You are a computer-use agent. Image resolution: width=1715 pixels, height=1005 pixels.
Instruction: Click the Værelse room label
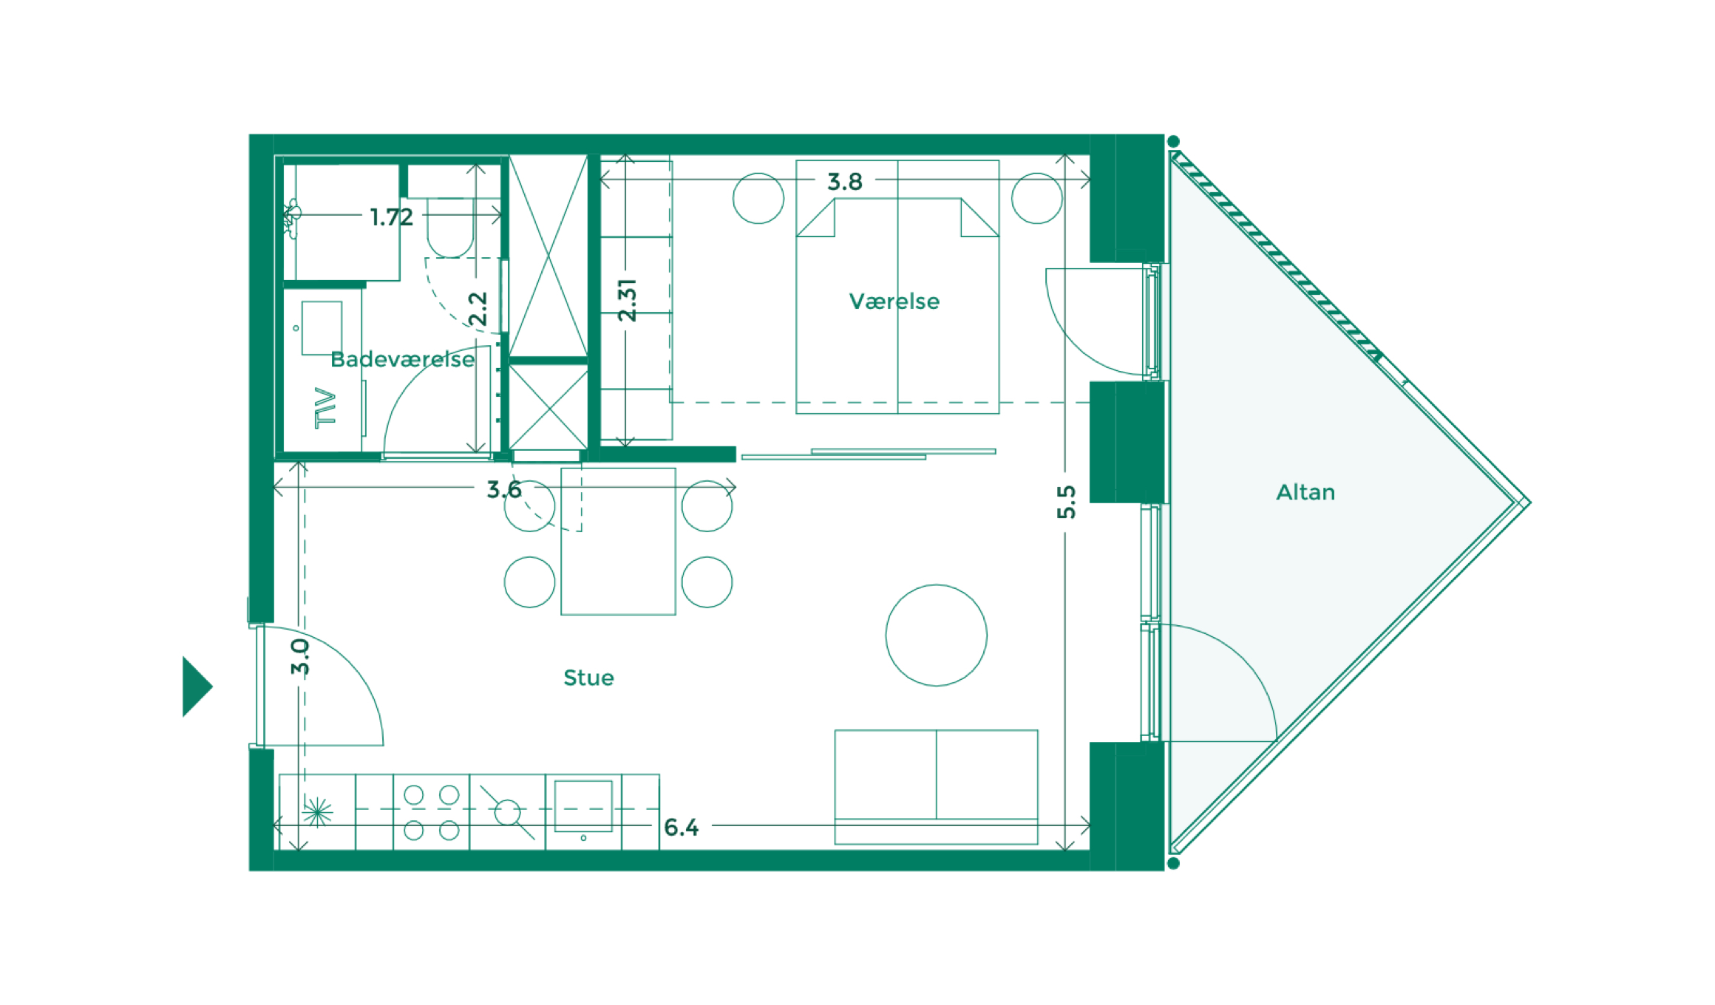pos(894,301)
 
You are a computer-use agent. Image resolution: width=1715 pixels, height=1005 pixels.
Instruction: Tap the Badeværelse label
pos(402,360)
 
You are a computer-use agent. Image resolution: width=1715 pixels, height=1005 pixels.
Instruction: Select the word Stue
pos(588,678)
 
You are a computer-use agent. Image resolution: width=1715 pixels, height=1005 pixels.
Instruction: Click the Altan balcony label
pos(1305,492)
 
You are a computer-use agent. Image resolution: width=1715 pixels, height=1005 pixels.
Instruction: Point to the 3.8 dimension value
pos(844,182)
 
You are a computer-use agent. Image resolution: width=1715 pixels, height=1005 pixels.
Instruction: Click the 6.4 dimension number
pos(681,828)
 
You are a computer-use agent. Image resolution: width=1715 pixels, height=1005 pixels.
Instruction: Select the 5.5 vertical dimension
pos(1066,502)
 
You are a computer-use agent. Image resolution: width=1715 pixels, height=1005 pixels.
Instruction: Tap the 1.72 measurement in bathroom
pos(391,217)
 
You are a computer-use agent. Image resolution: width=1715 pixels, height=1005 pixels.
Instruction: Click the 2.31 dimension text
pos(627,300)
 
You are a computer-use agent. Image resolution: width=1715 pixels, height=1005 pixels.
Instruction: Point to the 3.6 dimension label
pos(503,489)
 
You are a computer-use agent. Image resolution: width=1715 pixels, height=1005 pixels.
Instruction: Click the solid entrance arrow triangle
pos(194,687)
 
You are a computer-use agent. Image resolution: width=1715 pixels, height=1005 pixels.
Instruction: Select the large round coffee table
pos(936,636)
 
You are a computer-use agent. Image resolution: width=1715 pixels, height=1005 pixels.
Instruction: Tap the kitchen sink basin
pos(583,805)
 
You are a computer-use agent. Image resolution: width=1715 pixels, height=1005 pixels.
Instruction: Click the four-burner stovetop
pos(431,812)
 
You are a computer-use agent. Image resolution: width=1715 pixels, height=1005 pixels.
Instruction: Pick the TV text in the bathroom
pos(325,407)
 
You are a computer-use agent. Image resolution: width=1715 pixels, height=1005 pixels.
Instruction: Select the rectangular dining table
pos(618,541)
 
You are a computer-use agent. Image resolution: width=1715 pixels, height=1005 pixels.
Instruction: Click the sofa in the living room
pos(936,786)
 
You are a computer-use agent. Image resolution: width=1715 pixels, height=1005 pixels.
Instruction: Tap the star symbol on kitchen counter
pos(317,813)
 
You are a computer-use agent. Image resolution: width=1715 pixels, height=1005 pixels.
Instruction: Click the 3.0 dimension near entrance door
pos(299,657)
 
